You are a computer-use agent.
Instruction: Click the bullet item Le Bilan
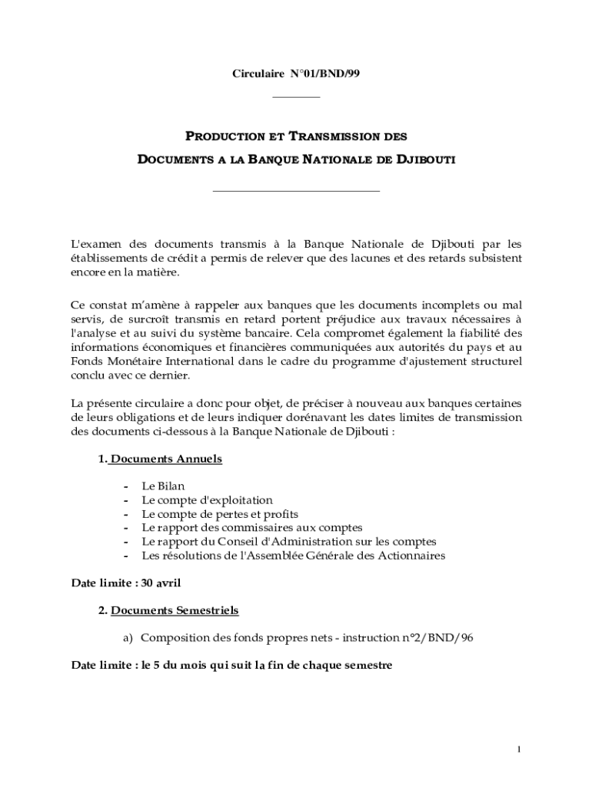point(163,486)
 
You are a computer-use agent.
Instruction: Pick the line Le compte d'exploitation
point(207,500)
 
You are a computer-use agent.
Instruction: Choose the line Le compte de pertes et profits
point(220,514)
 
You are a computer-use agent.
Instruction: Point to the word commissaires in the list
point(276,528)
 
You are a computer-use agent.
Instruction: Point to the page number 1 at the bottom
point(520,750)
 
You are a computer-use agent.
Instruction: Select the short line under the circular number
point(297,97)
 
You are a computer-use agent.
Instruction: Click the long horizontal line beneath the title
point(296,190)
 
